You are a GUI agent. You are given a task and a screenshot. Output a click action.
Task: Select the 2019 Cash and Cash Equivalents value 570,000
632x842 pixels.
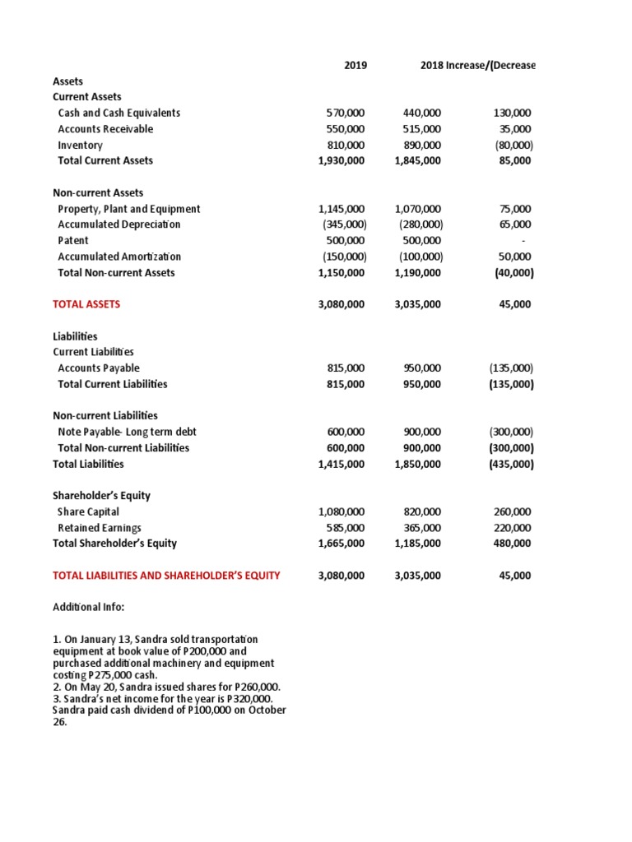point(346,113)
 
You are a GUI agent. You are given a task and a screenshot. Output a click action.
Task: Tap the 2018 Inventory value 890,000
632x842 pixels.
point(422,145)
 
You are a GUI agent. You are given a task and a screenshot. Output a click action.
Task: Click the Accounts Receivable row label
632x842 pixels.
point(105,129)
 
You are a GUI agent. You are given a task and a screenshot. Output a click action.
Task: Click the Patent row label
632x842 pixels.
point(72,241)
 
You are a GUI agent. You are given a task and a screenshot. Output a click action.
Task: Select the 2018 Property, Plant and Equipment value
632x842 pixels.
point(418,209)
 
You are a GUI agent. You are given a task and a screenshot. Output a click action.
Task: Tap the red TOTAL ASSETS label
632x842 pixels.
point(86,304)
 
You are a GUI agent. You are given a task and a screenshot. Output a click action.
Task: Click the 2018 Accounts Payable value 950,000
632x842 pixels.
point(422,368)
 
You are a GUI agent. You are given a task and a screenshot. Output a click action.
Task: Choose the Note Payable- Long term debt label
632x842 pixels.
point(127,432)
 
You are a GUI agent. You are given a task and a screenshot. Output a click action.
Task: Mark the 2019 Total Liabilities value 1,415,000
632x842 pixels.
point(341,464)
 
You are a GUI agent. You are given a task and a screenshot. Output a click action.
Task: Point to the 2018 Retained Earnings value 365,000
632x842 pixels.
point(422,528)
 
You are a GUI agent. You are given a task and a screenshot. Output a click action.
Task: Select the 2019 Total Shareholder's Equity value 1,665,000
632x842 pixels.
point(341,544)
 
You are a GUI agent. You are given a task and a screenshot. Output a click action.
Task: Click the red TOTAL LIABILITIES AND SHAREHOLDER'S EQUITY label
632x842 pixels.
point(166,576)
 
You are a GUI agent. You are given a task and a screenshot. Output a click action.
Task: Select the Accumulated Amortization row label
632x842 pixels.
point(119,257)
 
